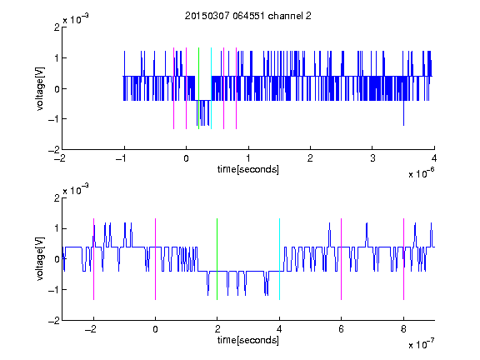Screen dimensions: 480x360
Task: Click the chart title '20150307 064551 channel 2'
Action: [x=248, y=16]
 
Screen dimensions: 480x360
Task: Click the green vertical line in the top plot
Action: [x=198, y=88]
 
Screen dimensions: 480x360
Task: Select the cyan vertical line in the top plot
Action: [x=211, y=88]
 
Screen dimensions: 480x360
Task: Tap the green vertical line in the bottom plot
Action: [x=217, y=259]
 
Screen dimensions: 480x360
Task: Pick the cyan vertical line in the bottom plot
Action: [x=279, y=259]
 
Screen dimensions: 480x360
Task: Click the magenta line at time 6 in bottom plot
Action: [x=342, y=259]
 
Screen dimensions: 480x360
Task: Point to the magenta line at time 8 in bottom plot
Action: [x=404, y=259]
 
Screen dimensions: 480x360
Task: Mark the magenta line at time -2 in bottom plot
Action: [x=93, y=259]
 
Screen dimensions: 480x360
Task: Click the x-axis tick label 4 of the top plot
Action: [x=434, y=158]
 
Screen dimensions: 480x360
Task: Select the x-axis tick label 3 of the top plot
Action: [x=372, y=158]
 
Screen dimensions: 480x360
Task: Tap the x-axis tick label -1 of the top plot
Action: [x=122, y=158]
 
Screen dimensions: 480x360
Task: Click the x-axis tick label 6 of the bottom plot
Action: [x=342, y=329]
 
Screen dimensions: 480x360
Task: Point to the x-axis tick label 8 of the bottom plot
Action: [x=404, y=329]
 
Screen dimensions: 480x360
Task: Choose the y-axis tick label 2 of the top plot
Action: [x=57, y=27]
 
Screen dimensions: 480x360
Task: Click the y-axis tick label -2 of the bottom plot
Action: [x=54, y=321]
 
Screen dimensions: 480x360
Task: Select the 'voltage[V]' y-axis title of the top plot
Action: [x=40, y=88]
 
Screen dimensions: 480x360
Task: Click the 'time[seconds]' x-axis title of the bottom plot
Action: [x=248, y=340]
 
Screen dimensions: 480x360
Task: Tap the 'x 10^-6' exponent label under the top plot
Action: [x=421, y=172]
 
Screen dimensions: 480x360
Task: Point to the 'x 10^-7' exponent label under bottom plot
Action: [x=421, y=343]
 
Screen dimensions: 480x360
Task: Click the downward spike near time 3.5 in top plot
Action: [x=404, y=112]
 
